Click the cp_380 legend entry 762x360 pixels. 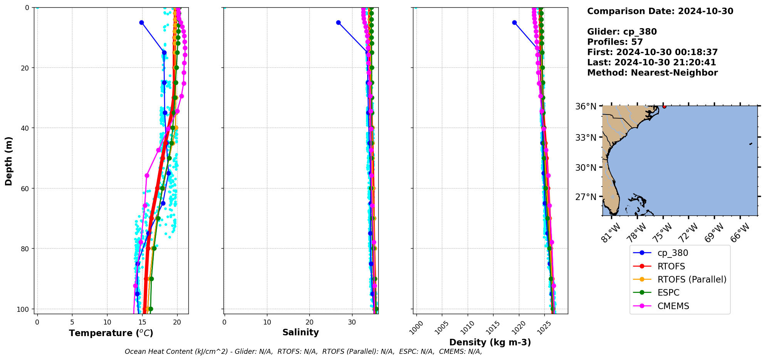(x=672, y=253)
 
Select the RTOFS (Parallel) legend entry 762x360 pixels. (x=692, y=279)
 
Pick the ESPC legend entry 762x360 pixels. (x=668, y=293)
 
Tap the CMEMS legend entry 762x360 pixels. (x=673, y=306)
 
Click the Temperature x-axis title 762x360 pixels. (x=111, y=333)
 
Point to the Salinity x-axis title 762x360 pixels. (x=300, y=332)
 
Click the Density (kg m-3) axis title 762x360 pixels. (x=490, y=342)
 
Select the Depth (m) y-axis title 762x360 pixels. (x=8, y=161)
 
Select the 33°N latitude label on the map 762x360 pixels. (x=586, y=138)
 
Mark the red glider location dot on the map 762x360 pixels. (x=664, y=106)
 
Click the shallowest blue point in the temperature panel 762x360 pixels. (x=141, y=22)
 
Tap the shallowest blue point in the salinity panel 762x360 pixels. (x=338, y=22)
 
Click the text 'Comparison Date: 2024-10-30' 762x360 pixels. (x=660, y=11)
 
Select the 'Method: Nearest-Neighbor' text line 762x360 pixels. (x=652, y=73)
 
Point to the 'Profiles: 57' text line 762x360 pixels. (x=615, y=42)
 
